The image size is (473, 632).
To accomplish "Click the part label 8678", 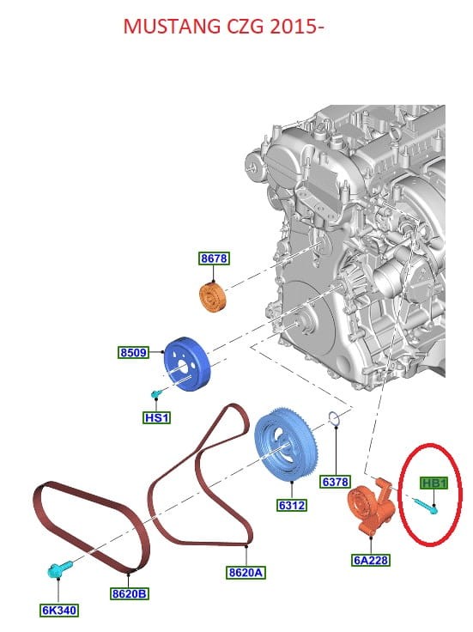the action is pos(214,258).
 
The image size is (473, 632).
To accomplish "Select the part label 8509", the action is pos(134,352).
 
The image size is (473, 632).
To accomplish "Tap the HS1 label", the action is pos(157,417).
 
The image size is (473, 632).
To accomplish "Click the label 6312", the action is pos(292,505).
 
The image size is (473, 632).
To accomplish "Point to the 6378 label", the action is pos(335,482).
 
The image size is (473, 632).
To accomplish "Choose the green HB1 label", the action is pos(434,483).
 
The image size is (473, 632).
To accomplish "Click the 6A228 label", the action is pos(371,560).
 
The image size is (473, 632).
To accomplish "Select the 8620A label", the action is pos(246,573).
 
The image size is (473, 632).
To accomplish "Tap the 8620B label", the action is pos(130,593).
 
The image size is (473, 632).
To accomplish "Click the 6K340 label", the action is pos(59,611).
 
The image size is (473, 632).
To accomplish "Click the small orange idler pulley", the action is pos(213,298).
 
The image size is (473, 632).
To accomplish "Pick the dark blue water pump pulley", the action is pos(186,364).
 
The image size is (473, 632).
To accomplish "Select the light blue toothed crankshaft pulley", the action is pos(287,445).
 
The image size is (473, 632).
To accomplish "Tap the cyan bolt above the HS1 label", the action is pos(156,394).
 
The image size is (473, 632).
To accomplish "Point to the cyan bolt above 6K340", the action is pos(59,568).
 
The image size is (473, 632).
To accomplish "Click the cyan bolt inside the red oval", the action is pos(425,506).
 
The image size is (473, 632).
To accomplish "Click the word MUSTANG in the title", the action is pos(172,27).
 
